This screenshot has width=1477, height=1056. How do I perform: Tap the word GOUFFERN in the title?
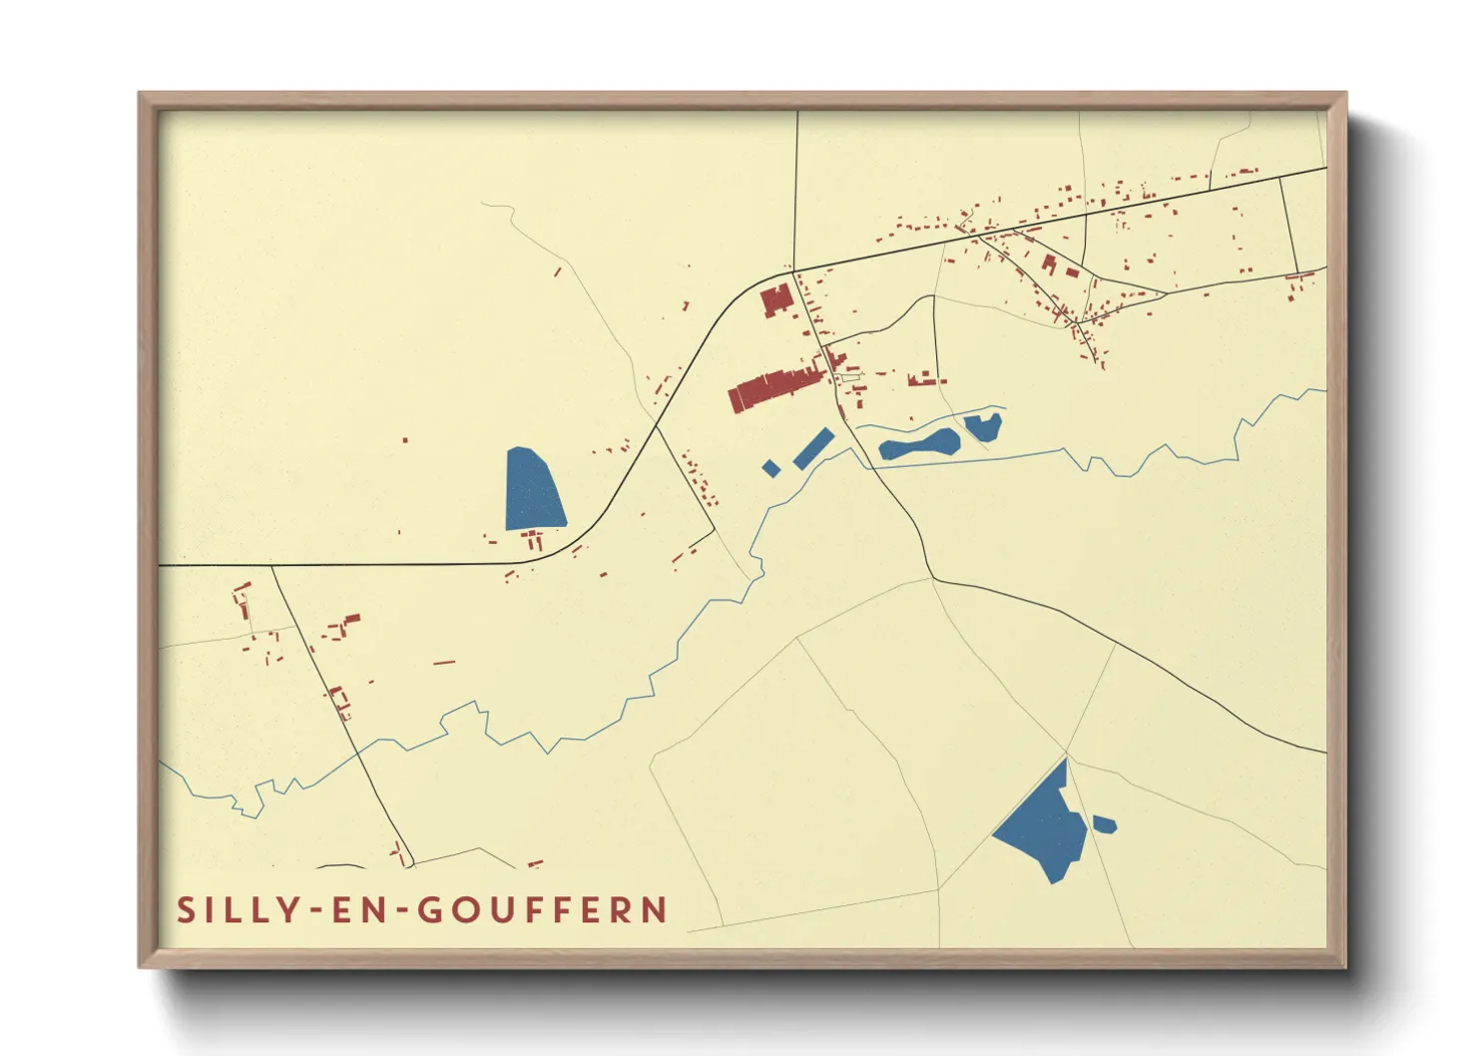(x=542, y=910)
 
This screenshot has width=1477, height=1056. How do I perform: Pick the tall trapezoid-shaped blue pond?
(x=533, y=489)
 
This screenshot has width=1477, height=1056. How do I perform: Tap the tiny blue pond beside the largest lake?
(x=1104, y=824)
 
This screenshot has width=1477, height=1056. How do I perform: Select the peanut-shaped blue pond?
(x=919, y=446)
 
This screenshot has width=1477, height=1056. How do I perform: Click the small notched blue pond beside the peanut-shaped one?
(x=983, y=427)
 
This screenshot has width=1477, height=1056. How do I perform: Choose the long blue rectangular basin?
(x=813, y=448)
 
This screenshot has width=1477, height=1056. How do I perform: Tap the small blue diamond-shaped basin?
(x=770, y=467)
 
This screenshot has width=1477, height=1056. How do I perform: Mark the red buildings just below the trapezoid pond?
(x=534, y=540)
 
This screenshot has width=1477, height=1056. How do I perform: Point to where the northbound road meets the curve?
(x=793, y=270)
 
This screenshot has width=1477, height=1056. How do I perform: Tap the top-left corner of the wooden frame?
(x=142, y=96)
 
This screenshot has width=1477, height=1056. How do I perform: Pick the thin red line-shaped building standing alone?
(x=444, y=662)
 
